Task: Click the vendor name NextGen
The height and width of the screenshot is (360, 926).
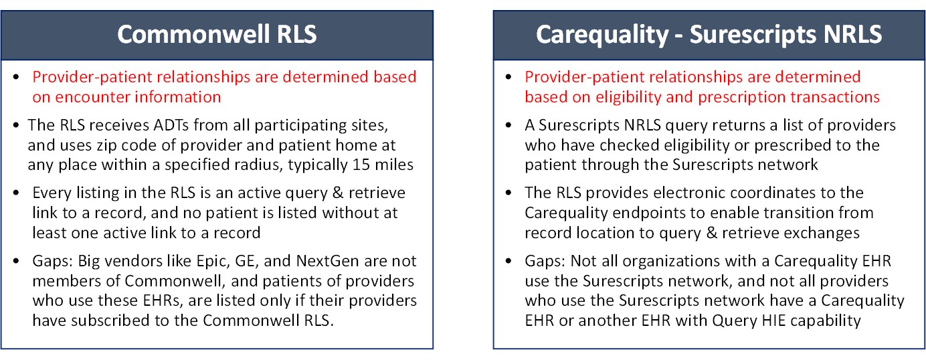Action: (x=282, y=261)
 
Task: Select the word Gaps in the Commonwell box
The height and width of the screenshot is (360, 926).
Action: (x=48, y=261)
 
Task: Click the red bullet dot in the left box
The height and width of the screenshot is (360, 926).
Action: (x=17, y=78)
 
